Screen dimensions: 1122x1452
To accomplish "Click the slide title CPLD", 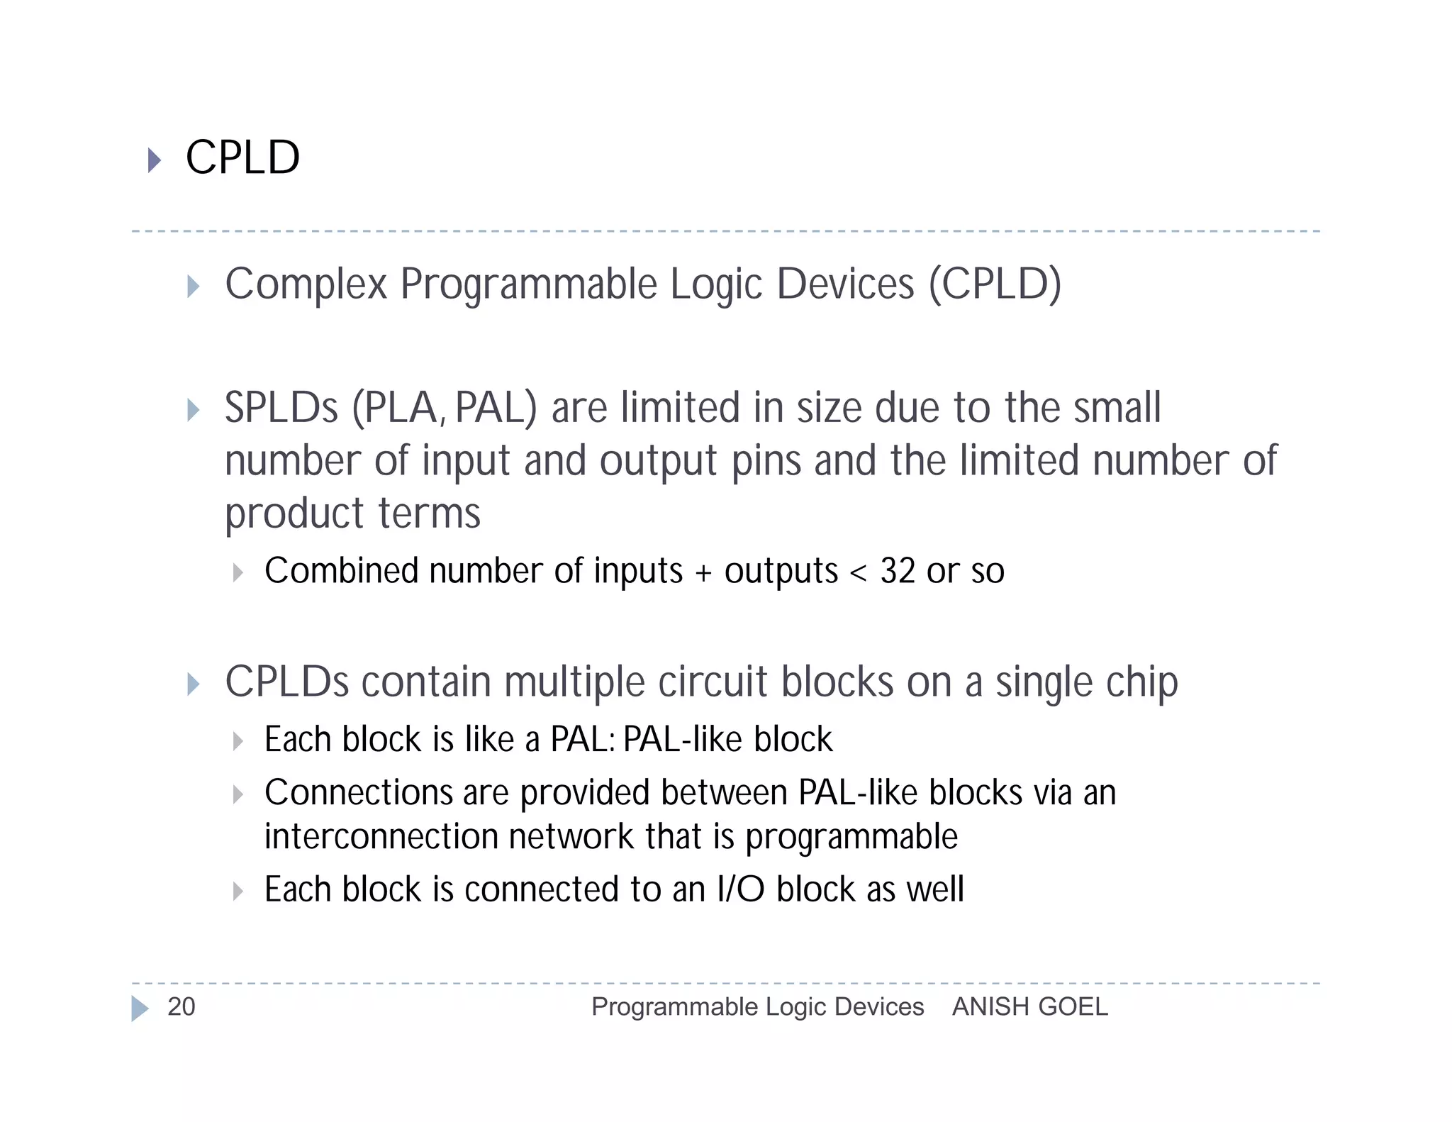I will tap(242, 157).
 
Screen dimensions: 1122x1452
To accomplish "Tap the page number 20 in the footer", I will tap(181, 1006).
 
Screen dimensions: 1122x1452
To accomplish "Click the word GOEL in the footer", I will tap(1074, 1006).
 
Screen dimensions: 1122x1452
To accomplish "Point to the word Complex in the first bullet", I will tap(306, 285).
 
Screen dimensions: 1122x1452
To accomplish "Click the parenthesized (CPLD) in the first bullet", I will tap(995, 285).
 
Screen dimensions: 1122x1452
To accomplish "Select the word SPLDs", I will tap(281, 409).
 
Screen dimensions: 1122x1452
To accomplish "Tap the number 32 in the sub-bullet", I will tap(898, 571).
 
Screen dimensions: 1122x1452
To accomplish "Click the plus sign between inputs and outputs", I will tap(703, 573).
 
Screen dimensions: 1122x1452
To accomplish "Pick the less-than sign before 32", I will tap(858, 573).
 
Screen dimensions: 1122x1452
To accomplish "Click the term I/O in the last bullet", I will tap(740, 889).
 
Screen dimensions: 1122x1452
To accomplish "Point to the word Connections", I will tap(358, 793).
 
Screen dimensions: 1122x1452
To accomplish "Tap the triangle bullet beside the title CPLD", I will tap(154, 160).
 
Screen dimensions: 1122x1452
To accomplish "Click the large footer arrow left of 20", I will tap(140, 1008).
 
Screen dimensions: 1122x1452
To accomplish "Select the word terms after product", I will tap(429, 513).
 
